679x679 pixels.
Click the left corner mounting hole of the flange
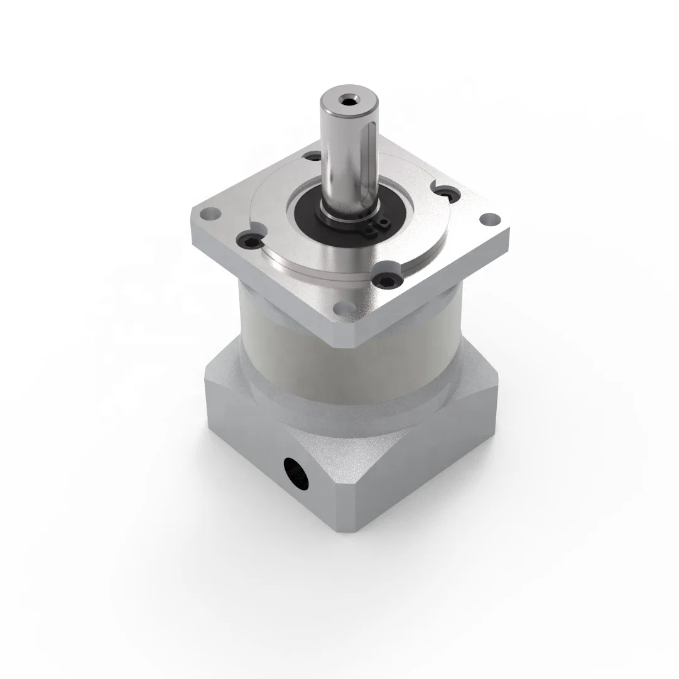[209, 214]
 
